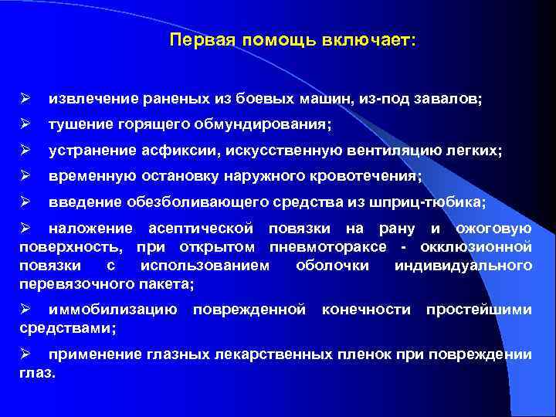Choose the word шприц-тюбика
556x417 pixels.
(x=437, y=202)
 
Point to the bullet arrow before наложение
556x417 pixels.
(x=25, y=229)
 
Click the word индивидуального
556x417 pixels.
(x=463, y=266)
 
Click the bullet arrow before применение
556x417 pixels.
(x=25, y=355)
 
